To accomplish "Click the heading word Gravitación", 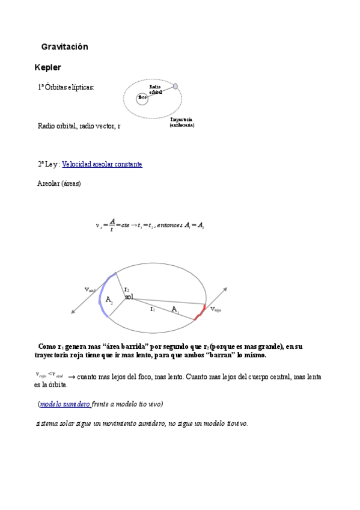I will [x=64, y=47].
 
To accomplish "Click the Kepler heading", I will [x=48, y=67].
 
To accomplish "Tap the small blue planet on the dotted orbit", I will [x=175, y=87].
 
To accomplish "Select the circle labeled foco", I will [x=142, y=97].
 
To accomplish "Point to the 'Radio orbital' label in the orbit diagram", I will [x=155, y=90].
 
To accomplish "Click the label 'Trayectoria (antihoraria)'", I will [x=182, y=123].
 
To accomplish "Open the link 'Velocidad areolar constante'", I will [x=102, y=164].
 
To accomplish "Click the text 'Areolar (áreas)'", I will [x=59, y=183].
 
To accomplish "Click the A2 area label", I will [x=109, y=300].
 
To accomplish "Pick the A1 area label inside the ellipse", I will [x=175, y=309].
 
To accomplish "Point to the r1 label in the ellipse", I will [x=153, y=309].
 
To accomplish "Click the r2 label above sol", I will [x=127, y=289].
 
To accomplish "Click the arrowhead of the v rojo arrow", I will [x=225, y=289].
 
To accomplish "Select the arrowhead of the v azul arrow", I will [x=73, y=311].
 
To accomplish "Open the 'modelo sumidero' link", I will [x=65, y=404].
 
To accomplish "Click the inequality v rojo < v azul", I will [x=50, y=375].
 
